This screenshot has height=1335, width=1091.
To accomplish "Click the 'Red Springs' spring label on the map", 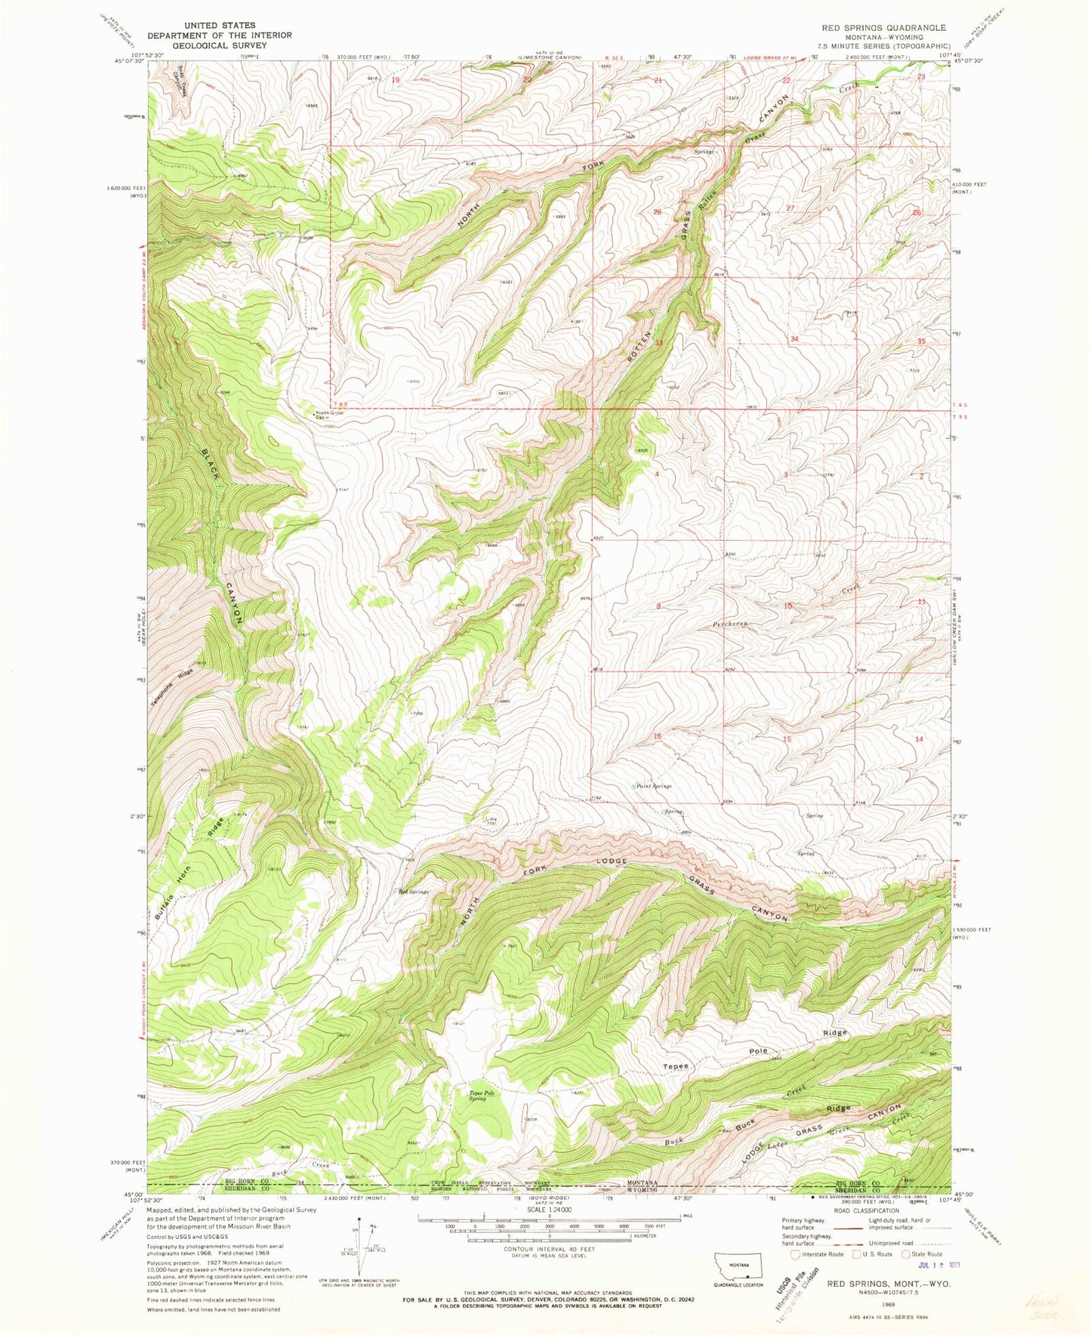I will (x=414, y=892).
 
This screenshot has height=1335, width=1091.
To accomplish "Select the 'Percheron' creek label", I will (x=731, y=624).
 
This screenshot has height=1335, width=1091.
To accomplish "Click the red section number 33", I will (x=658, y=343).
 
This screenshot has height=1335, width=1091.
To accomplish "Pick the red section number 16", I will (x=658, y=736).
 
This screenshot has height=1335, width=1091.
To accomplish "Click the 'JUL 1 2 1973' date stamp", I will (x=933, y=1265).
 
